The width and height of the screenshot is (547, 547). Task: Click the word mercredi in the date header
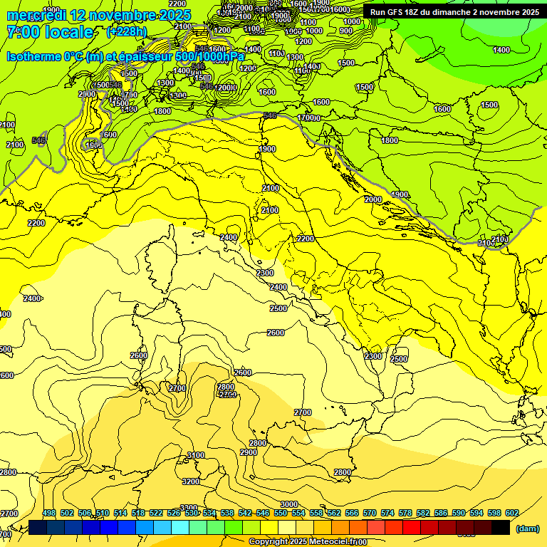[x=36, y=15]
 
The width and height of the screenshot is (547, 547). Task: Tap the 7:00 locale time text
[x=50, y=32]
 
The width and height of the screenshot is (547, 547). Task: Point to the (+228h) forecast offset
[x=126, y=32]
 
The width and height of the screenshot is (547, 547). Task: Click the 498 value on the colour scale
[x=48, y=513]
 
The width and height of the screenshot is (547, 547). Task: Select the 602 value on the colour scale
[x=511, y=513]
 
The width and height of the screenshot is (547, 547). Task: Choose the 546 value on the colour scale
[x=262, y=513]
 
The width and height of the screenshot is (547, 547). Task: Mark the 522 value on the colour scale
[x=155, y=513]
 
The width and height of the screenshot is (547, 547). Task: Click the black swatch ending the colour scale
[x=501, y=527]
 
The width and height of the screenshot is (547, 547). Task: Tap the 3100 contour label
[x=195, y=455]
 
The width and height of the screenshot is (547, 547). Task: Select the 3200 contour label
[x=191, y=482]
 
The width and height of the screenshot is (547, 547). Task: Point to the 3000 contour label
[x=289, y=504]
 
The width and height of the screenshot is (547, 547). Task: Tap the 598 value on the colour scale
[x=494, y=513]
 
